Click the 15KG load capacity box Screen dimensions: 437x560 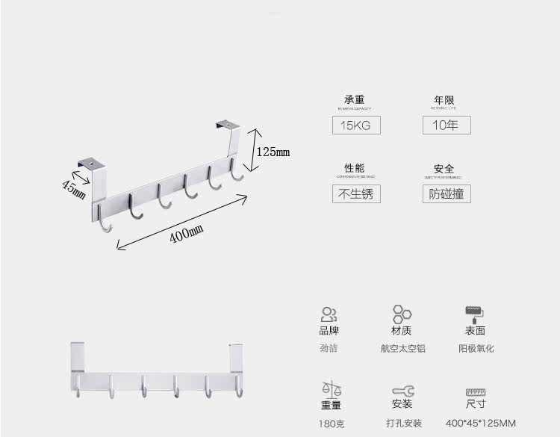click(355, 125)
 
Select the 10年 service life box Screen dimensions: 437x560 click(446, 125)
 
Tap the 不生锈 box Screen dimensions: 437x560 click(355, 193)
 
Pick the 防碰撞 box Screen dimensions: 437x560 click(446, 193)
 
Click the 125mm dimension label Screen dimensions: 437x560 click(273, 152)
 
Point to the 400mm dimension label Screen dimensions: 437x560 click(186, 235)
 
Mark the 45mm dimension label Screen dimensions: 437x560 click(73, 187)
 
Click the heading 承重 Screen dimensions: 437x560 click(355, 100)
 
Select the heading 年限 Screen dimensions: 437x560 click(444, 100)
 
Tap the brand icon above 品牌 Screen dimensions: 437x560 click(329, 314)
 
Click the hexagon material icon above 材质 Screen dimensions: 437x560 click(402, 314)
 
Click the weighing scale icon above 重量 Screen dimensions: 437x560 click(331, 389)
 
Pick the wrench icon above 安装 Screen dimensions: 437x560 click(402, 391)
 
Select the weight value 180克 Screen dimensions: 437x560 click(331, 423)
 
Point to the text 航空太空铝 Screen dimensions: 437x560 click(402, 348)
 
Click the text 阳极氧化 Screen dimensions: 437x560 click(476, 348)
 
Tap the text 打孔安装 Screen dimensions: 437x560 click(404, 423)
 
